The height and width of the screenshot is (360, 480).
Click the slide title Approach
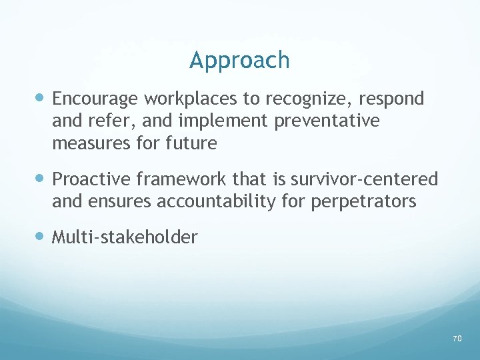[x=239, y=61]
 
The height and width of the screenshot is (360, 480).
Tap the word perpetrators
[x=363, y=201]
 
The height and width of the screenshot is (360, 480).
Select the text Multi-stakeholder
[x=125, y=237]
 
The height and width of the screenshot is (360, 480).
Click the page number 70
[x=457, y=339]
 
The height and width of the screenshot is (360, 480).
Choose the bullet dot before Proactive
[x=41, y=179]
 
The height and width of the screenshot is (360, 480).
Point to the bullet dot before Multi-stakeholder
[x=41, y=237]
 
